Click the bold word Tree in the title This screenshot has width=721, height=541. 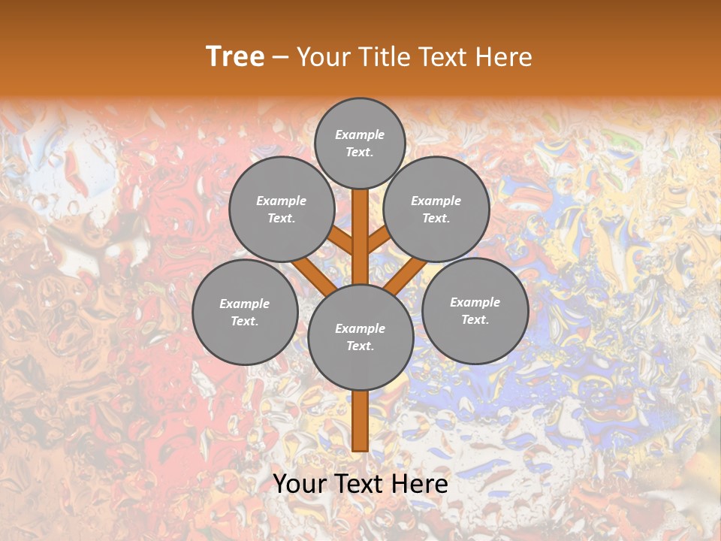(x=235, y=57)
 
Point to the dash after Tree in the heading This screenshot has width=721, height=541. (x=280, y=58)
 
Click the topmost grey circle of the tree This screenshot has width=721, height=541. (x=360, y=143)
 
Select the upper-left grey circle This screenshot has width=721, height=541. (x=282, y=209)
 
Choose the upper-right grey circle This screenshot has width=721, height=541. (x=436, y=209)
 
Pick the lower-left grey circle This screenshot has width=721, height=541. (x=245, y=312)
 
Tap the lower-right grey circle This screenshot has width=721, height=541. (x=475, y=310)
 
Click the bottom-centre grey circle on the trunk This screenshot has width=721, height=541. (x=360, y=337)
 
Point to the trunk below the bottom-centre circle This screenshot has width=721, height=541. (x=360, y=421)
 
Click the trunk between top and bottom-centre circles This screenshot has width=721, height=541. (x=360, y=237)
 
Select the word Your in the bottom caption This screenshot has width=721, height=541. (x=300, y=484)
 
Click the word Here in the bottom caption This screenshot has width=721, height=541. (x=421, y=484)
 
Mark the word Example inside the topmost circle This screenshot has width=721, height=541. (x=360, y=134)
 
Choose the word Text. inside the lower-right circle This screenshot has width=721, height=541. (x=475, y=319)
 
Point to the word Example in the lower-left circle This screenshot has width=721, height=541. (x=245, y=304)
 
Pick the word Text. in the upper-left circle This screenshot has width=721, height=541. (x=282, y=218)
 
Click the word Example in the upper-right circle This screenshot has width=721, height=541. (x=436, y=201)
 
